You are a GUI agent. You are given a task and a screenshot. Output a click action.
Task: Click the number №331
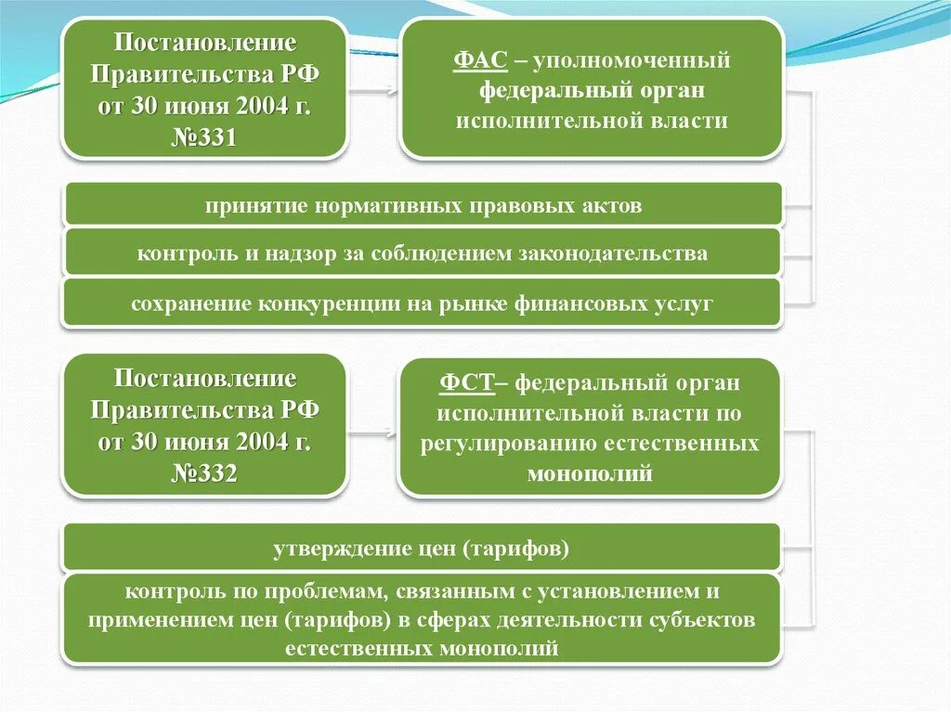coord(205,138)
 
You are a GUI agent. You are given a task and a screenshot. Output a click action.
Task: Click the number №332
coord(205,473)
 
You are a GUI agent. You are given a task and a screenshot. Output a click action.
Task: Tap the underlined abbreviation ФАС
coord(480,62)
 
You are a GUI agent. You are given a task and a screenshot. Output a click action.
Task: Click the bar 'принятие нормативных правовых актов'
coord(423,205)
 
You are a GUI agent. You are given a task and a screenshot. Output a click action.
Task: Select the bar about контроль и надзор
coord(423,253)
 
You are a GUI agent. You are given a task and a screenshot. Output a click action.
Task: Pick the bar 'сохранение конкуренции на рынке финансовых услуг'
coord(423,304)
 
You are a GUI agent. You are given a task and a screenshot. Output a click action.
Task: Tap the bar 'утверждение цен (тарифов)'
coord(421,549)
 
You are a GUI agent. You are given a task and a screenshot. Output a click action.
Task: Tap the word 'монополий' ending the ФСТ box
coord(590,473)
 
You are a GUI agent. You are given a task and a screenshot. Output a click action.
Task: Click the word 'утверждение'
coord(331,549)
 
